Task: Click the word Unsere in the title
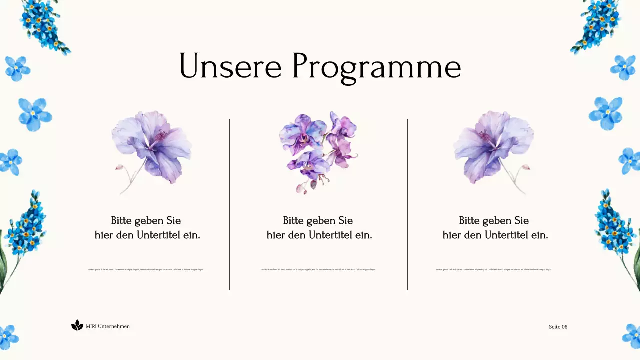pos(230,66)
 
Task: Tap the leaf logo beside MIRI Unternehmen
pos(77,325)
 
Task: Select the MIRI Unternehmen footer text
pos(108,326)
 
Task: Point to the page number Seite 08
pos(558,327)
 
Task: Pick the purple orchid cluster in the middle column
pos(318,150)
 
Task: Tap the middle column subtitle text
pos(319,228)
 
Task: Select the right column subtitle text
pos(495,228)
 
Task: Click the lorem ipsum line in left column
pos(146,269)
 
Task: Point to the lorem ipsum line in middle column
pos(317,269)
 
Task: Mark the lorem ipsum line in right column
pos(494,269)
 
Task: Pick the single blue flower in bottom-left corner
pos(8,337)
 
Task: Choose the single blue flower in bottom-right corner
pos(631,336)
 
